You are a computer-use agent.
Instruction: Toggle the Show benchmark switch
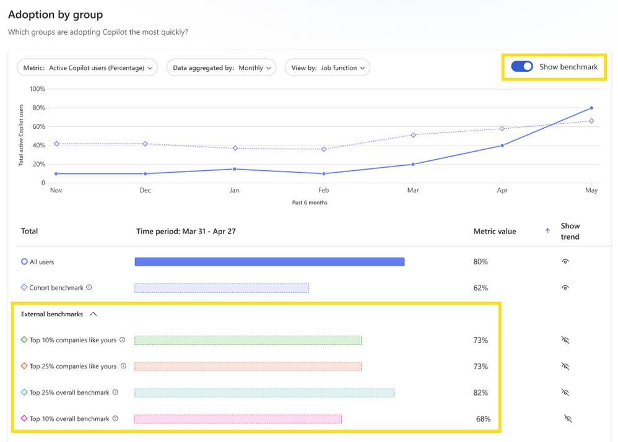[522, 67]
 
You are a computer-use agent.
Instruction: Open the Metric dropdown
[87, 68]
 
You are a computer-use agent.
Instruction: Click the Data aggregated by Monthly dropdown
[221, 68]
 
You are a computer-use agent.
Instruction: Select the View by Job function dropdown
[327, 68]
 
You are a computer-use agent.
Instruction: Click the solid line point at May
[591, 108]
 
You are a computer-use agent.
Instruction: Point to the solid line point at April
[502, 145]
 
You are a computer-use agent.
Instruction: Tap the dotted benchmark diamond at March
[413, 135]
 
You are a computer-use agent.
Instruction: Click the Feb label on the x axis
[323, 191]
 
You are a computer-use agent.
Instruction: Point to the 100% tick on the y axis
[38, 89]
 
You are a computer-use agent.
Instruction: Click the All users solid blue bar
[269, 262]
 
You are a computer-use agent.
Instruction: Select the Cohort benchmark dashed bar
[222, 288]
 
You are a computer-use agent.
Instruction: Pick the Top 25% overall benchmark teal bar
[264, 392]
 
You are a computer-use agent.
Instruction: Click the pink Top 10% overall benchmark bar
[238, 419]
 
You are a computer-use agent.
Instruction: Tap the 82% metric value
[481, 392]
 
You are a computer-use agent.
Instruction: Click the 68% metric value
[483, 419]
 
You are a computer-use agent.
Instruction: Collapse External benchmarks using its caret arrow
[93, 314]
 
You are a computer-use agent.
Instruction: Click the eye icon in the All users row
[565, 262]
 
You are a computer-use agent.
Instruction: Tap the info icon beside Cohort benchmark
[89, 287]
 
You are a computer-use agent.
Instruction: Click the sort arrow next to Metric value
[547, 231]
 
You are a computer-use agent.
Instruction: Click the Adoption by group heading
[56, 14]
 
